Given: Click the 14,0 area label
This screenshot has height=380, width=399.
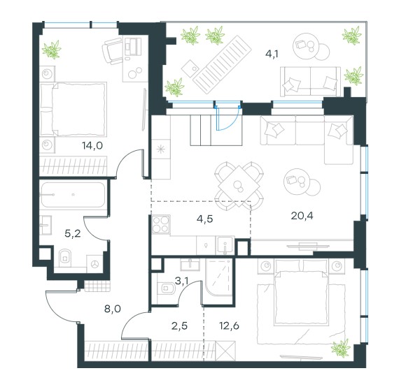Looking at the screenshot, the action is click(x=92, y=145).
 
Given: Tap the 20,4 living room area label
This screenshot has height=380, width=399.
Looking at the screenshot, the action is click(x=302, y=216).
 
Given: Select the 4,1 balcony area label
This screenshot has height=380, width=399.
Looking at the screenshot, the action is click(x=272, y=54).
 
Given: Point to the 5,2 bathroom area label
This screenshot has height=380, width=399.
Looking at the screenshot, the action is click(x=73, y=233).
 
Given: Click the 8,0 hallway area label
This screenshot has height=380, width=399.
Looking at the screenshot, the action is click(x=112, y=309).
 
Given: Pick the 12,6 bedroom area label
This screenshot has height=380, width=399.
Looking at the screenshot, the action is click(x=229, y=326).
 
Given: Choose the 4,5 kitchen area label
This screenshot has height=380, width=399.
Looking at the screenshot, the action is click(x=204, y=219).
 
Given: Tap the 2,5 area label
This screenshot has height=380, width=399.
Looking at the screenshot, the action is click(x=179, y=326).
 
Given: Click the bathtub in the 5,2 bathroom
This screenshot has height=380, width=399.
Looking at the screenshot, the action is click(x=73, y=195).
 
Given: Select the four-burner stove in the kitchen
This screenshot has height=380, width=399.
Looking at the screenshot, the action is click(x=161, y=224).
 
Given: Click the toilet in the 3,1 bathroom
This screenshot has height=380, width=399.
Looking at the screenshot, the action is click(x=166, y=288).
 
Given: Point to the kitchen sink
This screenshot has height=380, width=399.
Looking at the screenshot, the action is click(x=225, y=245).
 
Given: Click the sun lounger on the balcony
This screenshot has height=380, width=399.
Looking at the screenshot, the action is click(x=222, y=64).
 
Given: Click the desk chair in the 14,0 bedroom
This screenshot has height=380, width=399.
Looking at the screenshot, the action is click(x=113, y=50).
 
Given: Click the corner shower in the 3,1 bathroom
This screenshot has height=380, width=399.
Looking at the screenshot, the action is click(x=219, y=277).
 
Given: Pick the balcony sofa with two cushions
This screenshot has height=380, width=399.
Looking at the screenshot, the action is click(x=310, y=82).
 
